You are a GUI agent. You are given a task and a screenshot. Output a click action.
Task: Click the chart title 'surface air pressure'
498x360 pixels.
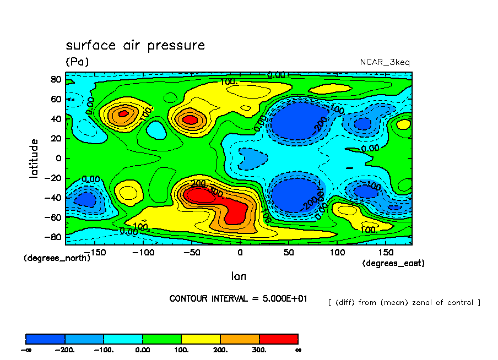[135, 45]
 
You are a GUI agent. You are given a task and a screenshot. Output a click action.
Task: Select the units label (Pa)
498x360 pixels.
[77, 62]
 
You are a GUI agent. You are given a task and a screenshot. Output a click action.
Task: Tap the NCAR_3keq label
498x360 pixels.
[385, 62]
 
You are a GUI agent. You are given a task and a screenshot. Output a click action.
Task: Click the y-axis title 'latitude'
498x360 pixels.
[34, 158]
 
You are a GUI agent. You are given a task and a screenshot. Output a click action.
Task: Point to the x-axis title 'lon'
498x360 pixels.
[239, 276]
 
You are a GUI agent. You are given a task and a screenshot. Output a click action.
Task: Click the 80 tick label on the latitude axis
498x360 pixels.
[56, 79]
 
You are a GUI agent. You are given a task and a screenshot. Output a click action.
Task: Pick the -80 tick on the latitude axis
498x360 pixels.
[53, 237]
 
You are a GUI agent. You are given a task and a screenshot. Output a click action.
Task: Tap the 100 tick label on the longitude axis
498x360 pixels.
[337, 252]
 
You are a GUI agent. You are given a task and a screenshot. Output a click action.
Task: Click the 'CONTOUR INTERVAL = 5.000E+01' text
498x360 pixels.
[239, 298]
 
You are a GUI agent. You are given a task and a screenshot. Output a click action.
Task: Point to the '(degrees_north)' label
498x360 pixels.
[57, 258]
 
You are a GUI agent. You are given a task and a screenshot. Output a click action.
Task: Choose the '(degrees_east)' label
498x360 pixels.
[393, 263]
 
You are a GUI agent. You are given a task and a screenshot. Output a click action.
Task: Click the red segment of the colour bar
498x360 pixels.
[278, 339]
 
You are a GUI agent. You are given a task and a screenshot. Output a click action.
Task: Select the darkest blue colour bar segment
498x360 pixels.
[46, 339]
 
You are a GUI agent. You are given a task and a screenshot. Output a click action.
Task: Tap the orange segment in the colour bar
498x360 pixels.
[240, 339]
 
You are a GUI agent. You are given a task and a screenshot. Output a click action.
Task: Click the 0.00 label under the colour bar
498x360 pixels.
[143, 350]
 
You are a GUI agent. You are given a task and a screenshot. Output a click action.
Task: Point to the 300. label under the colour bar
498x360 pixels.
[259, 350]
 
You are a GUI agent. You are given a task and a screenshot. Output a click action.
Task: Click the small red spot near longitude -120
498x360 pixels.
[123, 113]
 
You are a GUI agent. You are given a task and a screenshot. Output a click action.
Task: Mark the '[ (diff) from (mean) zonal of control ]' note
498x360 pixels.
[404, 302]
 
